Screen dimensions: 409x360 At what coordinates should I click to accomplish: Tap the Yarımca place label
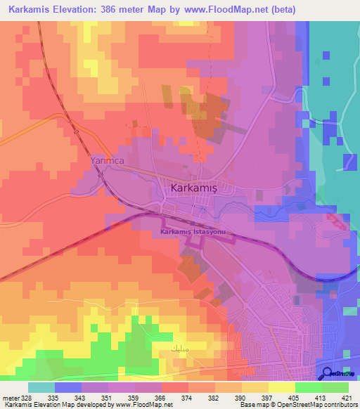point(107,161)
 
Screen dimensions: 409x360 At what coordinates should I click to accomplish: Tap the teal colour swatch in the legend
point(41,387)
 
